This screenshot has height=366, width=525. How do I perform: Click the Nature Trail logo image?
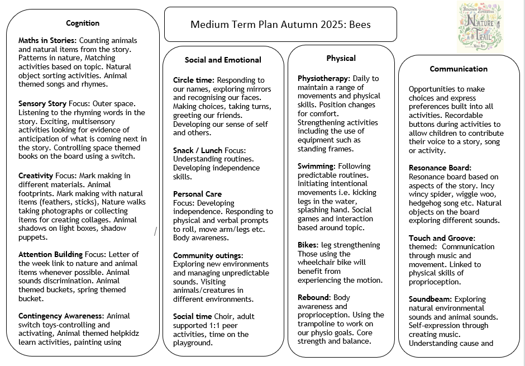[x=480, y=26]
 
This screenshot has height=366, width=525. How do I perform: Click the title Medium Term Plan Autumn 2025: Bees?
[x=280, y=25]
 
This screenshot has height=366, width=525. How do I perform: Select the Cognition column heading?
[x=83, y=23]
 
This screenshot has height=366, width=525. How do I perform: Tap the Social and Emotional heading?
[x=223, y=60]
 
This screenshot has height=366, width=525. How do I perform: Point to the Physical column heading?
[x=341, y=58]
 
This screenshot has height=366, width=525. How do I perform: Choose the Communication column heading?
[x=459, y=69]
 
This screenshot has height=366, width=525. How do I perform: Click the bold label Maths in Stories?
[x=47, y=41]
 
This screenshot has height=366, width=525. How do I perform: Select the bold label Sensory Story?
[x=42, y=103]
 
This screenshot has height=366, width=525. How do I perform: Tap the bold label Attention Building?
[x=51, y=254]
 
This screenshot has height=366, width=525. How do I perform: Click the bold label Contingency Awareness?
[x=61, y=316]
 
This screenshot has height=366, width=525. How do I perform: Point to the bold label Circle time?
[x=194, y=80]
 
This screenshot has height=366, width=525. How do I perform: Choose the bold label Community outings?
[x=208, y=255]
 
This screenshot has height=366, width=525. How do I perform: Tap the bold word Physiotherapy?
[x=323, y=78]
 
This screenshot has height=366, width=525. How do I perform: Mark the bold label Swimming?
[x=316, y=166]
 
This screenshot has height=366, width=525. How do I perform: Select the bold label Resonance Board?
[x=440, y=168]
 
